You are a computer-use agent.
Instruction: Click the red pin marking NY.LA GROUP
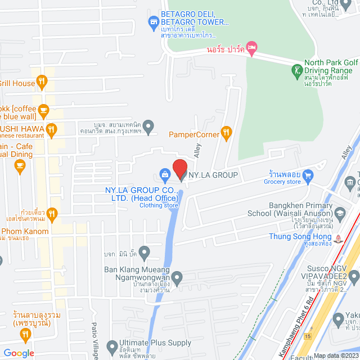(179, 169)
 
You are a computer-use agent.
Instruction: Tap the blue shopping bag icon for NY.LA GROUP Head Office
(164, 174)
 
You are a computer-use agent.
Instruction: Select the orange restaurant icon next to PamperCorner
(226, 133)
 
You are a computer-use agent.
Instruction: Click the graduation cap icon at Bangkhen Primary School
(340, 213)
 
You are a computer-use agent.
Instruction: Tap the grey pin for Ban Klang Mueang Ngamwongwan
(177, 277)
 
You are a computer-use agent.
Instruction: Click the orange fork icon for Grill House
(42, 83)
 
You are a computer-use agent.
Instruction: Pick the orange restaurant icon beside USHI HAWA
(51, 130)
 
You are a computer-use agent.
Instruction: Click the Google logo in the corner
(18, 353)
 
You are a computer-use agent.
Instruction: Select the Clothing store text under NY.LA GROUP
(159, 205)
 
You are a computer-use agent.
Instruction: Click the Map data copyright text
(335, 355)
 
